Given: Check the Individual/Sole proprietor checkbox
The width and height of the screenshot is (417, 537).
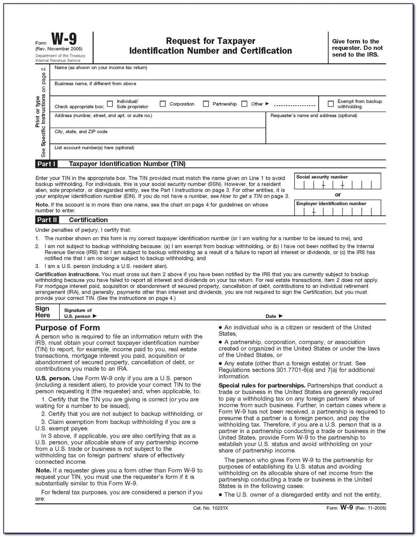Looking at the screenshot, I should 110,104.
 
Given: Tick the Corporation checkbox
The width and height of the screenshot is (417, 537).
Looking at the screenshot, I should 163,104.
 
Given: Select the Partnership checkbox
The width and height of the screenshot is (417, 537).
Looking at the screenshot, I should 206,104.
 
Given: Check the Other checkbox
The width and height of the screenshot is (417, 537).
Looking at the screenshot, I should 244,104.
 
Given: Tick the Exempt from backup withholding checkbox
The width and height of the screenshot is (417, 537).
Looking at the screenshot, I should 330,104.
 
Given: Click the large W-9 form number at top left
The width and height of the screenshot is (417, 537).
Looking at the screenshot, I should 64,39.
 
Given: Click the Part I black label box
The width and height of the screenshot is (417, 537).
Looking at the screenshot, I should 46,164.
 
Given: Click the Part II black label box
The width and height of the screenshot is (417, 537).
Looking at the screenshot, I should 47,220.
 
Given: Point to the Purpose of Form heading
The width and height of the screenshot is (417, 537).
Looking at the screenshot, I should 67,328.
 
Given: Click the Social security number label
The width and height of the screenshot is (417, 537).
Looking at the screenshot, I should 322,177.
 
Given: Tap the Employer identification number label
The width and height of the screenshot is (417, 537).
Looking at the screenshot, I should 331,204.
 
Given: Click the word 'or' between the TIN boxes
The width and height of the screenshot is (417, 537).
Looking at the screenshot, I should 338,195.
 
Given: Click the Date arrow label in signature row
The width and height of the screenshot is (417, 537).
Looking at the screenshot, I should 274,316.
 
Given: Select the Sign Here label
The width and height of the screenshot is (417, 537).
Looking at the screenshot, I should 43,312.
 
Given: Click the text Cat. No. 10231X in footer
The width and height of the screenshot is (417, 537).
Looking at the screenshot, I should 210,508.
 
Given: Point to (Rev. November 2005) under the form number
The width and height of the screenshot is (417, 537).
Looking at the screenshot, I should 59,49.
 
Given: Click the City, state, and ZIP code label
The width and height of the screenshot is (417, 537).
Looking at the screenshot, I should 81,132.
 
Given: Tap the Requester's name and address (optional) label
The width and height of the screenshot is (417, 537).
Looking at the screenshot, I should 314,116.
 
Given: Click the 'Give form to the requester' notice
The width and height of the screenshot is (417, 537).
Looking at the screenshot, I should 357,48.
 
